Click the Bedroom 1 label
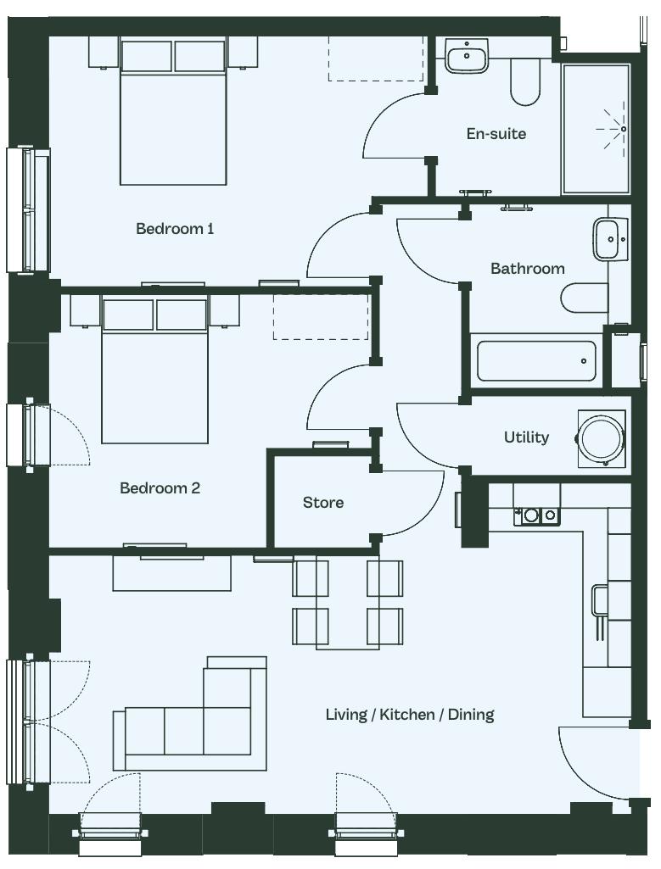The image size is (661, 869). point(175,228)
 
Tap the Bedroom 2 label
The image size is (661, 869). point(160,487)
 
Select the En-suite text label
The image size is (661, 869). point(496,134)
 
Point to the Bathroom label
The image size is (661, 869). point(528,269)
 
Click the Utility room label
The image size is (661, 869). point(526,437)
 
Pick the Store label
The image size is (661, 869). point(322,503)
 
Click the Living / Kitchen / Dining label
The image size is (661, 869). point(410,715)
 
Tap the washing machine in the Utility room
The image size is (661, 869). point(602,438)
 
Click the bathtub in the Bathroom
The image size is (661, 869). point(536,361)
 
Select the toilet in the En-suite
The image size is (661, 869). point(524,82)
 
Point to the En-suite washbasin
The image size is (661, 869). point(467,55)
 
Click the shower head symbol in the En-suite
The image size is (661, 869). point(615,129)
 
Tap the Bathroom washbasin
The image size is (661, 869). point(611,239)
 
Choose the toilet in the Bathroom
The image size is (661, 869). point(585,298)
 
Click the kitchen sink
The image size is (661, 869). point(536,516)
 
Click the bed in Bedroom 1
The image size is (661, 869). point(174,111)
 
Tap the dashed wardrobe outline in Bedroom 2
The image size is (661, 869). point(321,316)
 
